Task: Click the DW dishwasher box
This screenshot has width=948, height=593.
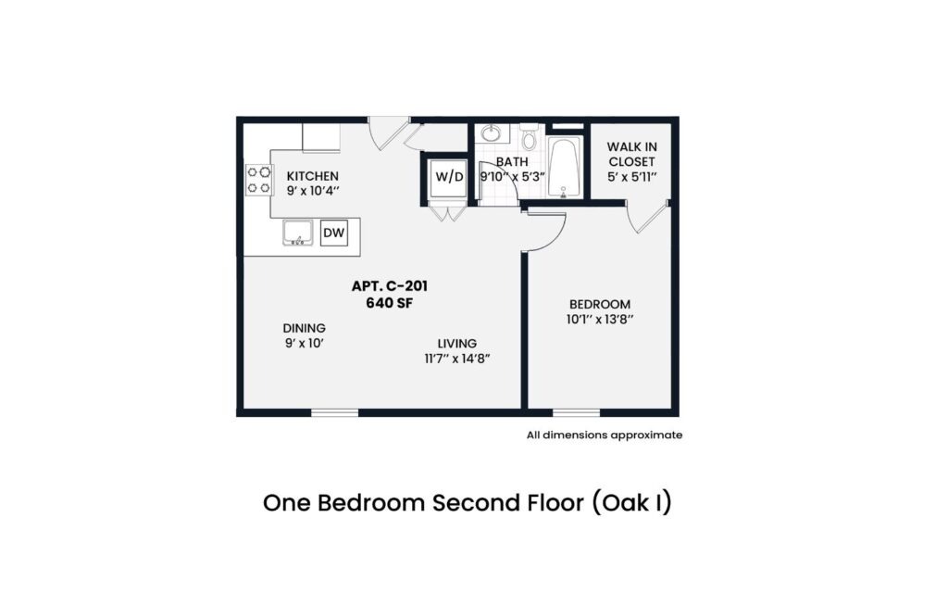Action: [333, 233]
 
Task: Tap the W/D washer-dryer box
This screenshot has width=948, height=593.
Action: [449, 177]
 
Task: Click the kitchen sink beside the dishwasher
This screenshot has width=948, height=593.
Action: [297, 233]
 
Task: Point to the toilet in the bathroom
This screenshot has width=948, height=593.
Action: [529, 137]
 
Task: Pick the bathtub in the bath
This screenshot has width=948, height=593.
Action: [565, 168]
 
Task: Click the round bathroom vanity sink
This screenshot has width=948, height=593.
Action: [491, 133]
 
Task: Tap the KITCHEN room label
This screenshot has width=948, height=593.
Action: [313, 176]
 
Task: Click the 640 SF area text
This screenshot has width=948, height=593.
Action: [390, 303]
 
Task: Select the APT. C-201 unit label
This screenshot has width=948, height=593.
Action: [390, 286]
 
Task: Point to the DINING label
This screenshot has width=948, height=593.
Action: [304, 328]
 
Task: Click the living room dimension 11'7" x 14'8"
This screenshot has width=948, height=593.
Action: [457, 359]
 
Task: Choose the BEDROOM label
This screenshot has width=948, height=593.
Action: [600, 304]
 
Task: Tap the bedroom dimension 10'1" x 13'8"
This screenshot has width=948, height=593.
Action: [600, 320]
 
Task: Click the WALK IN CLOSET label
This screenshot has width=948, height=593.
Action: [631, 155]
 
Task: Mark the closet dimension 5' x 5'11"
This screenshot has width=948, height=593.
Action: [631, 177]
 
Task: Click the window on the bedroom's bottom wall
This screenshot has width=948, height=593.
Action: [576, 412]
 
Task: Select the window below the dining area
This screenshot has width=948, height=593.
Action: [335, 412]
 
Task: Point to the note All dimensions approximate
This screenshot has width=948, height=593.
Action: [604, 435]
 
